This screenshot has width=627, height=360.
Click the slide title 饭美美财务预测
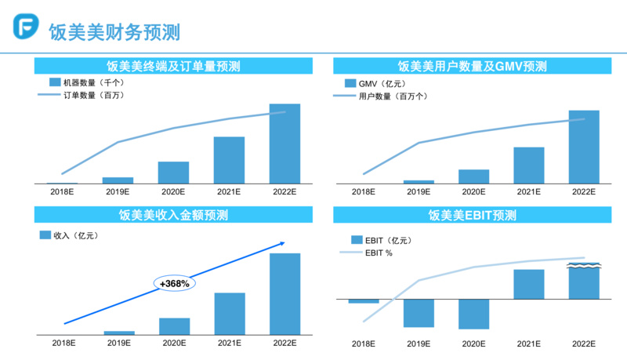point(114,31)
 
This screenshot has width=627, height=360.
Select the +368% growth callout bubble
point(174,283)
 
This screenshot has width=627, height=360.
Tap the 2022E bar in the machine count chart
point(285,144)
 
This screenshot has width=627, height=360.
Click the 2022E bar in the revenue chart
point(285,294)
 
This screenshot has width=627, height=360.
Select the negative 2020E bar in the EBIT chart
point(473,314)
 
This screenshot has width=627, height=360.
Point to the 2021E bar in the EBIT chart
point(529,284)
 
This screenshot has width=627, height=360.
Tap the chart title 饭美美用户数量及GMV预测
point(473,66)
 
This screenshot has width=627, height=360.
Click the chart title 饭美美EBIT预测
point(473,215)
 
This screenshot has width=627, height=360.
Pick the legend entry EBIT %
point(378,253)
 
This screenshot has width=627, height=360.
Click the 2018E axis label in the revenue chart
point(63,343)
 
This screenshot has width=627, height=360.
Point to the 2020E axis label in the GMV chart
point(473,192)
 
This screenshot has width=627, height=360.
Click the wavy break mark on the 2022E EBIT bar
point(584,267)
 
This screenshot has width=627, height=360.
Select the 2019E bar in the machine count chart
point(118,180)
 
